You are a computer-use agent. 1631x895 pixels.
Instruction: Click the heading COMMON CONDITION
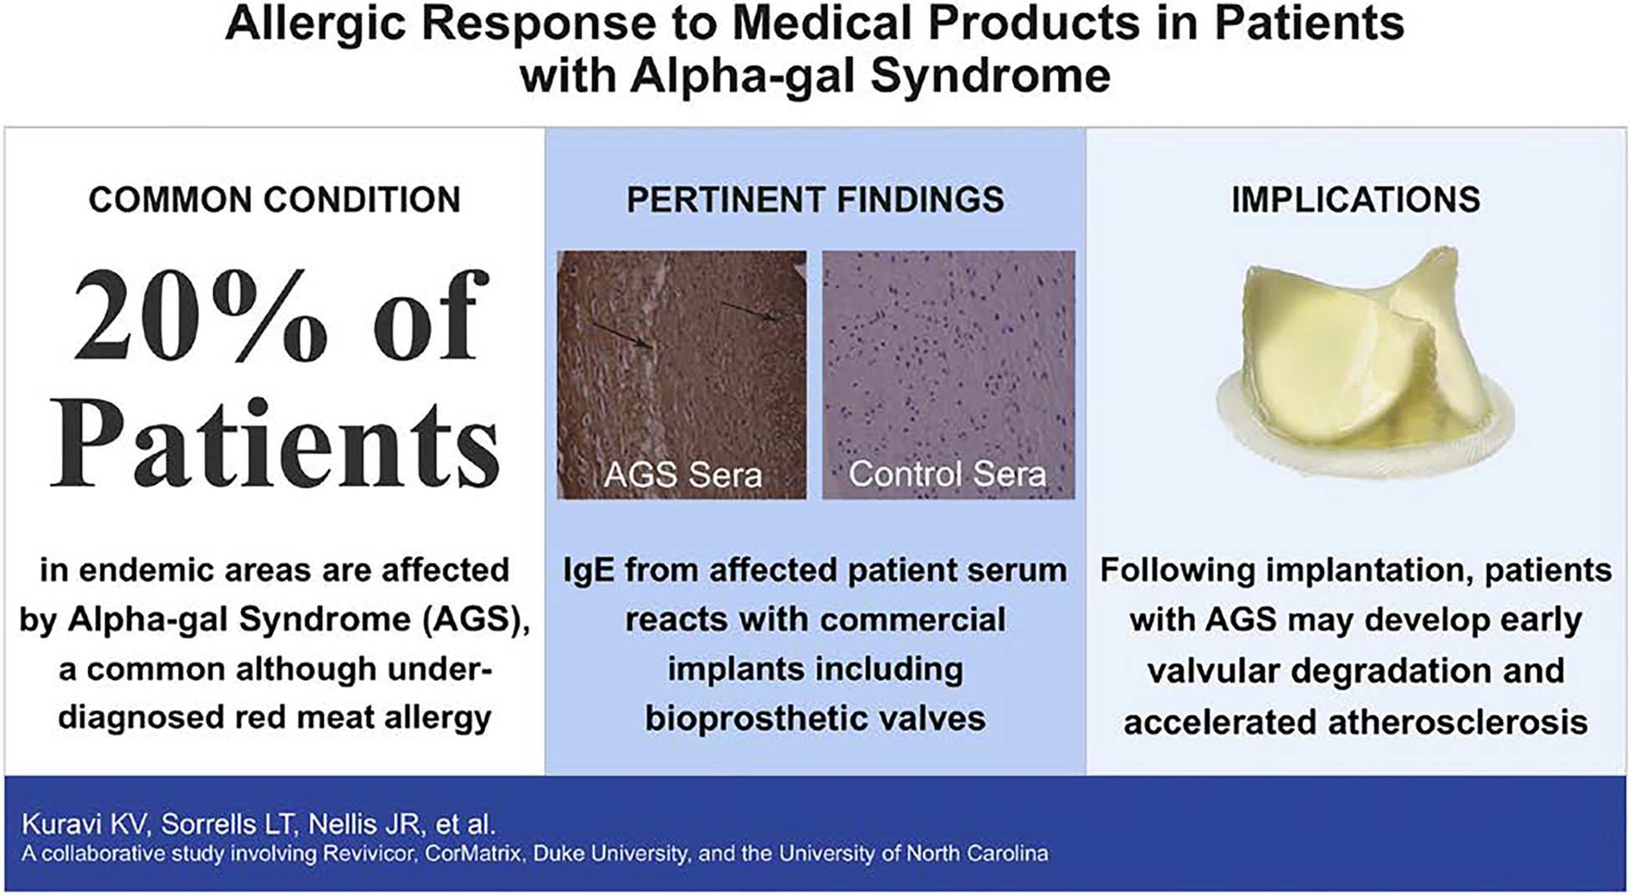click(x=274, y=200)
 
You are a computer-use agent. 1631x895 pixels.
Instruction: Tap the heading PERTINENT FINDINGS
click(x=815, y=200)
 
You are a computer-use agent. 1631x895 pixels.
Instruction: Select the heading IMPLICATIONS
click(x=1356, y=200)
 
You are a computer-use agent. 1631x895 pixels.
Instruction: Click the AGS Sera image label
click(x=683, y=475)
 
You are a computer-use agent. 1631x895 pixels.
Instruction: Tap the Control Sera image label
click(x=948, y=474)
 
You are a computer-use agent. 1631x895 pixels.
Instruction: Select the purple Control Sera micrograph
click(x=948, y=375)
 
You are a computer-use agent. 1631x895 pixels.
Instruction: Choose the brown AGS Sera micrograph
click(x=682, y=375)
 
